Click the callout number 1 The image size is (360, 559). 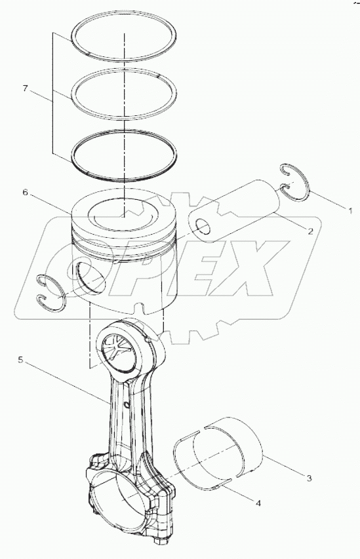351,212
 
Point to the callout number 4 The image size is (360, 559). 258,504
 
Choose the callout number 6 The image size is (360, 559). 25,193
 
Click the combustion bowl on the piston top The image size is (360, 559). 123,216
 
